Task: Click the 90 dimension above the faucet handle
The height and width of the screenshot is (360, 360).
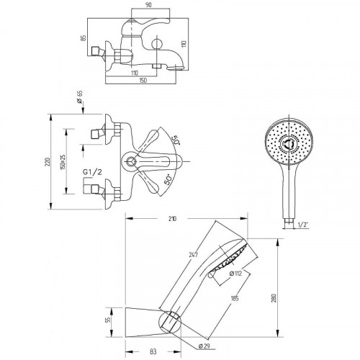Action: (x=149, y=5)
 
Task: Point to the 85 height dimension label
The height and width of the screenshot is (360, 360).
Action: (x=84, y=38)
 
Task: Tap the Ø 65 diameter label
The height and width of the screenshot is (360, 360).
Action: (x=79, y=97)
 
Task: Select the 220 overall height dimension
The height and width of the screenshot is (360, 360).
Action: (x=48, y=162)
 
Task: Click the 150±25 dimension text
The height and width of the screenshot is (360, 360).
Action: (x=63, y=162)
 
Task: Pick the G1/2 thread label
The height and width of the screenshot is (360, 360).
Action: (x=92, y=172)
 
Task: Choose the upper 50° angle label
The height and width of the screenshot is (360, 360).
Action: (x=176, y=140)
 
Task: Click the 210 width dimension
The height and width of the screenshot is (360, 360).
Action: (x=172, y=219)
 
